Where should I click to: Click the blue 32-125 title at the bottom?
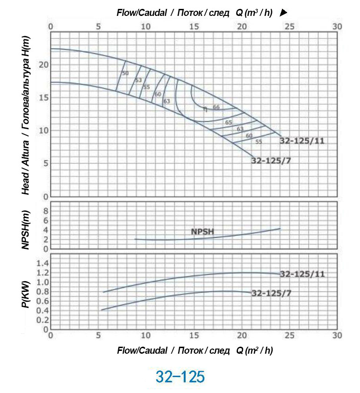(x=180, y=377)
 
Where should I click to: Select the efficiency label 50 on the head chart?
(x=125, y=73)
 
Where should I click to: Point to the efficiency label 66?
(x=216, y=107)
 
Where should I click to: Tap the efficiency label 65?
(x=229, y=122)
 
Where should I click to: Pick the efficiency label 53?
(x=138, y=80)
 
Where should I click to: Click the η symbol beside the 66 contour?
(x=205, y=109)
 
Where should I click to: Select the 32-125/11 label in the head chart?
(x=302, y=140)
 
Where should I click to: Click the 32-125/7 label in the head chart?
(x=271, y=160)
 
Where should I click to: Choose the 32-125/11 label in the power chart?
(x=302, y=274)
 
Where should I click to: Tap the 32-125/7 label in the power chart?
(x=271, y=293)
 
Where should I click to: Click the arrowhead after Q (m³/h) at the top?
(x=283, y=13)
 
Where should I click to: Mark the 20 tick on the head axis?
(x=43, y=64)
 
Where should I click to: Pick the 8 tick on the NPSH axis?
(x=46, y=211)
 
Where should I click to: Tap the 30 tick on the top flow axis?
(x=337, y=26)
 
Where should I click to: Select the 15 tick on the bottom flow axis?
(x=194, y=335)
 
